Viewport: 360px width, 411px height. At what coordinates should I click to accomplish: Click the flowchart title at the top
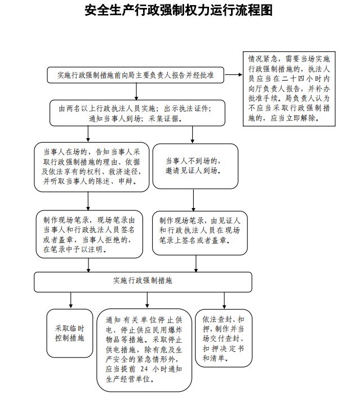[179, 11]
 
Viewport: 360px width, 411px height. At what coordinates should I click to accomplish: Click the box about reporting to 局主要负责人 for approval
[135, 75]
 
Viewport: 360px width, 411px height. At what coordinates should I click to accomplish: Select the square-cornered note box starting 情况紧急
[289, 89]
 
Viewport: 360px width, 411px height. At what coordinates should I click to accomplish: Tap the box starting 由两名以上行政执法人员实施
[137, 113]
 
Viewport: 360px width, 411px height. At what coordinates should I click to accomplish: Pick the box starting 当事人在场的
[91, 167]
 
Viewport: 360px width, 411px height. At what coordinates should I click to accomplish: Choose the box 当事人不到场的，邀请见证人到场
[195, 166]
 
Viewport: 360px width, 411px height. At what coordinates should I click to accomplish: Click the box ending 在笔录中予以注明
[90, 234]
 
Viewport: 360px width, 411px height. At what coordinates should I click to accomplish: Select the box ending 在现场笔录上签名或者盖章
[199, 233]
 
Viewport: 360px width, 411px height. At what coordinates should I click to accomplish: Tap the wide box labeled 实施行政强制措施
[143, 282]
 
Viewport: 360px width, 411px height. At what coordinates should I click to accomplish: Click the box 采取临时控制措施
[70, 333]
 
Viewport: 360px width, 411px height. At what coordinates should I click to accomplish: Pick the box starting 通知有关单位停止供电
[144, 350]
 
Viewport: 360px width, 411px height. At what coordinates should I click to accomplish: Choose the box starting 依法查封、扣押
[224, 338]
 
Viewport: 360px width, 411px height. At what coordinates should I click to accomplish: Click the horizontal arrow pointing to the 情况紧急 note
[233, 75]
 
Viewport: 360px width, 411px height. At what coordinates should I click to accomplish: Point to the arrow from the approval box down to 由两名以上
[136, 91]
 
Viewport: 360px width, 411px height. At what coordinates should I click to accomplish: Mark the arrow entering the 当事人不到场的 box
[193, 135]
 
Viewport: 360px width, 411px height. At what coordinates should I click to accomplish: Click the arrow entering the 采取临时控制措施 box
[71, 300]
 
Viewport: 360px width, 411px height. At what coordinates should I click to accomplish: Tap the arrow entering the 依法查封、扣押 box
[224, 300]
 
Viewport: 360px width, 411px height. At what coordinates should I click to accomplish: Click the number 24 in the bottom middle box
[144, 369]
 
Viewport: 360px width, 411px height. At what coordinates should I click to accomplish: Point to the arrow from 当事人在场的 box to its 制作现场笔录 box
[88, 201]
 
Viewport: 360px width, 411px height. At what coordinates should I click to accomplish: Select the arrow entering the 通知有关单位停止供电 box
[147, 300]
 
